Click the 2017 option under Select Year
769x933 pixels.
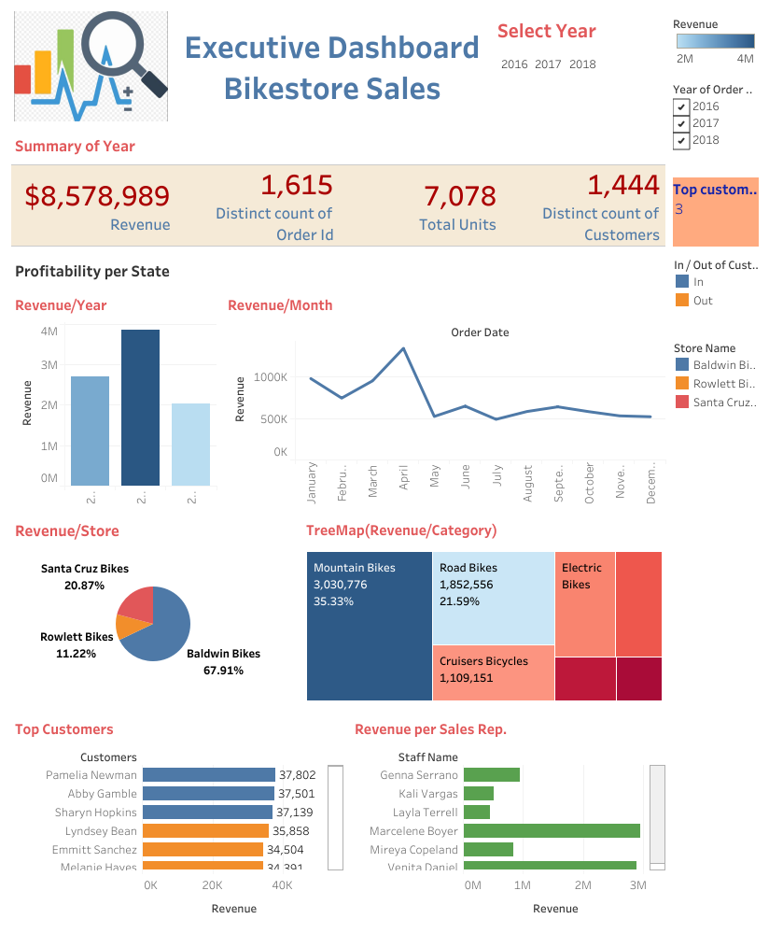click(x=548, y=64)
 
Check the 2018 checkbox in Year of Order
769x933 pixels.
click(x=680, y=141)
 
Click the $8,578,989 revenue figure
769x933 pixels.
click(x=97, y=196)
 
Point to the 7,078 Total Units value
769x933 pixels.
click(x=459, y=196)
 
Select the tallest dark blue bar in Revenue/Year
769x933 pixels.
click(x=140, y=407)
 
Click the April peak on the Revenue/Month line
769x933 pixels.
click(x=403, y=348)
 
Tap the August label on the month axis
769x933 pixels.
click(x=528, y=484)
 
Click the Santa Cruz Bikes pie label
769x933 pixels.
click(x=85, y=568)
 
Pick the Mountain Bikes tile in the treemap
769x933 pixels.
click(x=369, y=626)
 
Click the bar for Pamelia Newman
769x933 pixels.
click(x=208, y=775)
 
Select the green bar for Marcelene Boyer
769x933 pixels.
click(x=551, y=831)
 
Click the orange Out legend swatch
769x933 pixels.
click(x=681, y=301)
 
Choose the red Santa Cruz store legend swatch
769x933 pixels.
click(x=681, y=403)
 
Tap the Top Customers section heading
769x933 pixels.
click(x=64, y=729)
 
